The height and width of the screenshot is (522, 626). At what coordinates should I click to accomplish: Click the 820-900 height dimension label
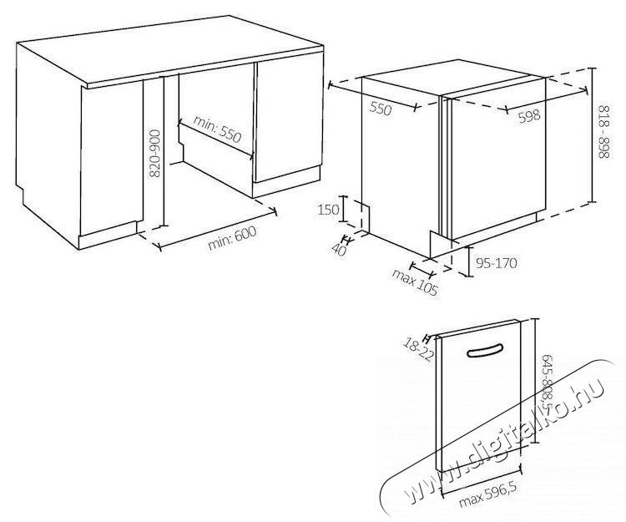pos(154,153)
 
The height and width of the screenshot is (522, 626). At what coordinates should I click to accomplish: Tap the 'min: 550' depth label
pos(218,129)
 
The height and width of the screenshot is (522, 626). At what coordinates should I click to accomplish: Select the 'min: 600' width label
pos(231,238)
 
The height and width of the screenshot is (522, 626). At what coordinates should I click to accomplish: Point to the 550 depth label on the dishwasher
pos(381,108)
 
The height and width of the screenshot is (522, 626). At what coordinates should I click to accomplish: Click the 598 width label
pos(529,116)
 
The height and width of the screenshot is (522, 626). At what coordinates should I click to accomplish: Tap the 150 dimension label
pos(328,210)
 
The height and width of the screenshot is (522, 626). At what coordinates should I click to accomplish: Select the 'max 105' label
pos(415,283)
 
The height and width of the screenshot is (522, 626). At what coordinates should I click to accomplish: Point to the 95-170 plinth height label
pos(497,263)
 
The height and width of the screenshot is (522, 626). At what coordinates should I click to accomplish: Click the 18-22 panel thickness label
pos(417,349)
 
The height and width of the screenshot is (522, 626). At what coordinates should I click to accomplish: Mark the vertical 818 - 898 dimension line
pos(593,135)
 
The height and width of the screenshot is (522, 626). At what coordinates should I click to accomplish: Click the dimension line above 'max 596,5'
pos(481,480)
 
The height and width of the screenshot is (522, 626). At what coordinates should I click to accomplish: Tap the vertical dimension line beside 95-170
pos(469,261)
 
